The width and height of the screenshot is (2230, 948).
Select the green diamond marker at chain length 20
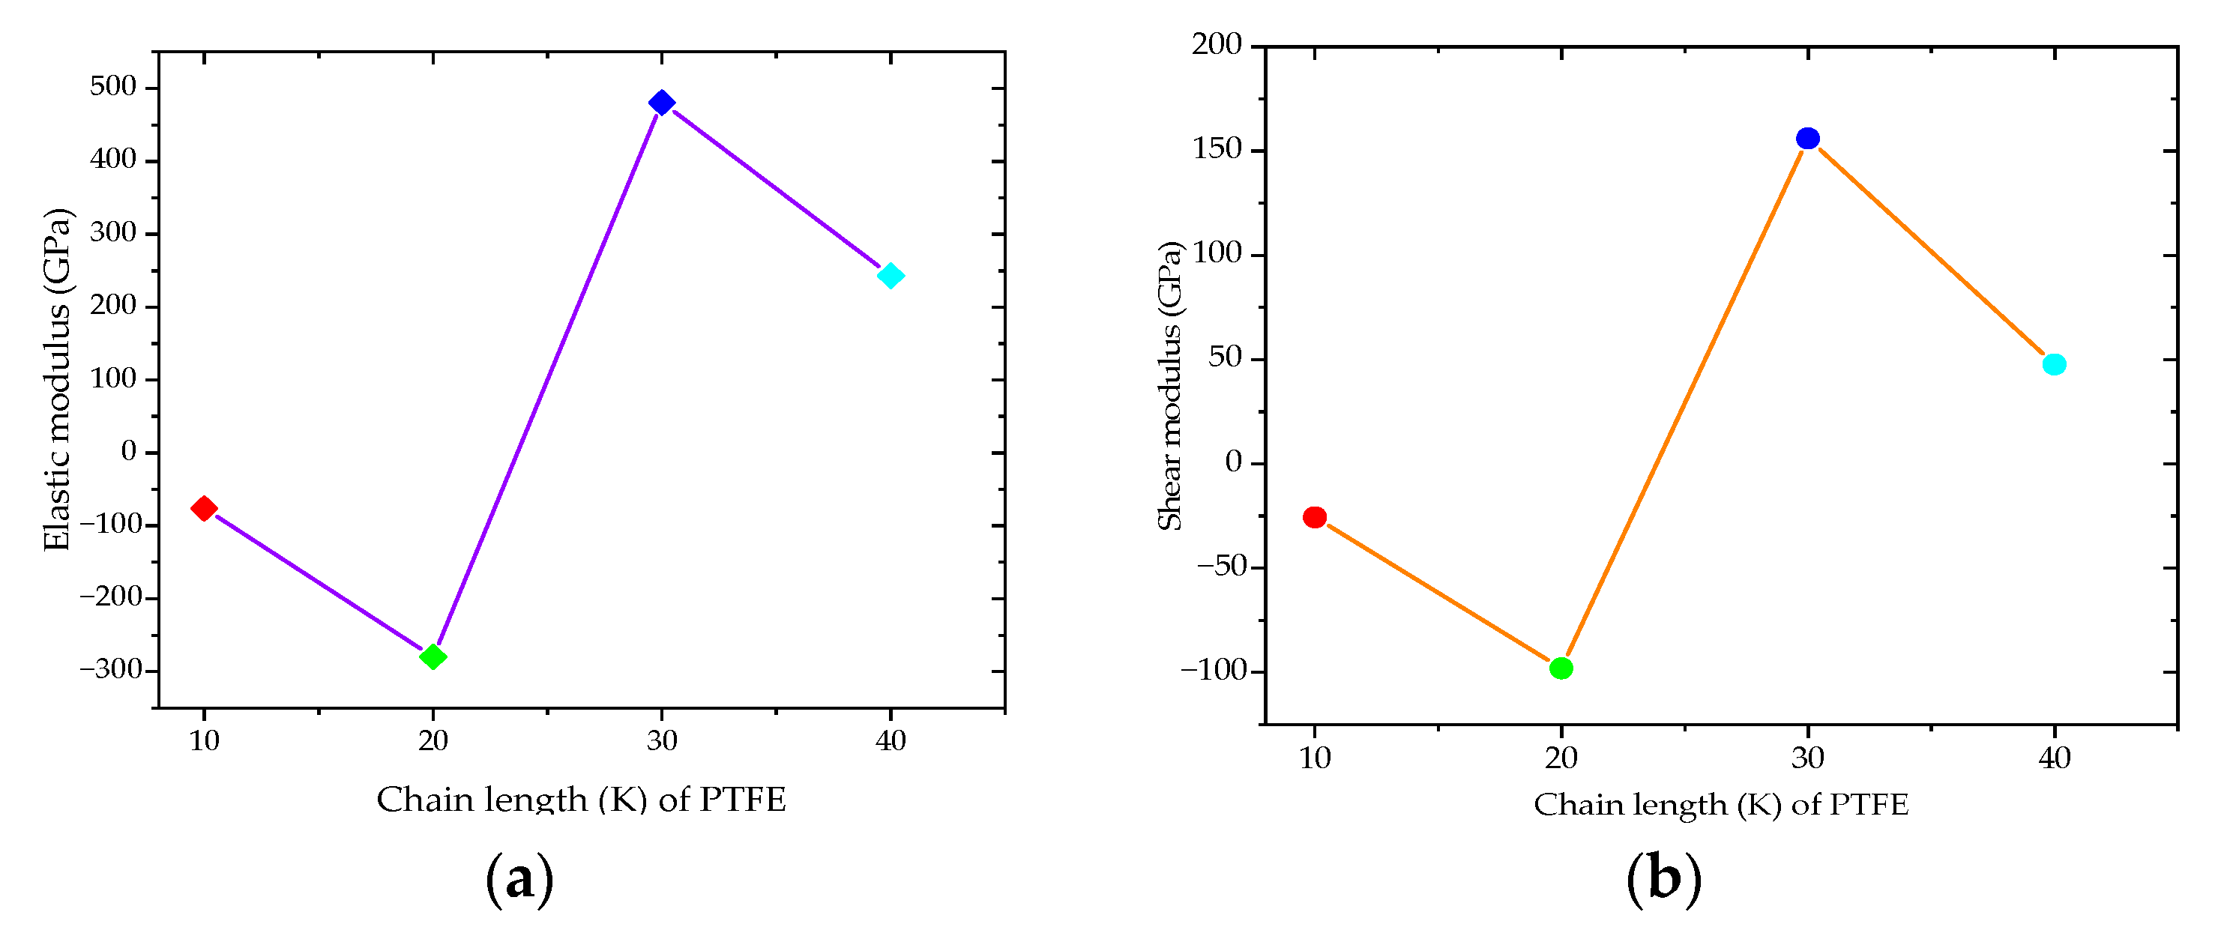pyautogui.click(x=433, y=656)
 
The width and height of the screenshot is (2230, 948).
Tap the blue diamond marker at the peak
pyautogui.click(x=661, y=103)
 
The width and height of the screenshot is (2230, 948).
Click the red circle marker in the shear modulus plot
pyautogui.click(x=1314, y=517)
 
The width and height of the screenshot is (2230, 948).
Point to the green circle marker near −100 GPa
pyautogui.click(x=1561, y=668)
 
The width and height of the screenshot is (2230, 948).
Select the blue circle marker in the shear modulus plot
pyautogui.click(x=1807, y=139)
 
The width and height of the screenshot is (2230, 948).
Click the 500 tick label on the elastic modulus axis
pyautogui.click(x=112, y=87)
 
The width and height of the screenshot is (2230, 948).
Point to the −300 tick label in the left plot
pyautogui.click(x=111, y=669)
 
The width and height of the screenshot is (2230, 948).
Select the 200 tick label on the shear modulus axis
pyautogui.click(x=1217, y=44)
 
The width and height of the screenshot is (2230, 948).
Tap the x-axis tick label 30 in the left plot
pyautogui.click(x=661, y=741)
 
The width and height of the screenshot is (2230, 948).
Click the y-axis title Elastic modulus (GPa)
pyautogui.click(x=57, y=379)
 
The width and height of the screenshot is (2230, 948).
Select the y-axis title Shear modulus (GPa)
pyautogui.click(x=1169, y=385)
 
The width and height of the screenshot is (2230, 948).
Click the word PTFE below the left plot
pyautogui.click(x=742, y=800)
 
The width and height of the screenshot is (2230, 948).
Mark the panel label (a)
pyautogui.click(x=519, y=880)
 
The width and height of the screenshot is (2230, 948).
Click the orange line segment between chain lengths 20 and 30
pyautogui.click(x=1684, y=403)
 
